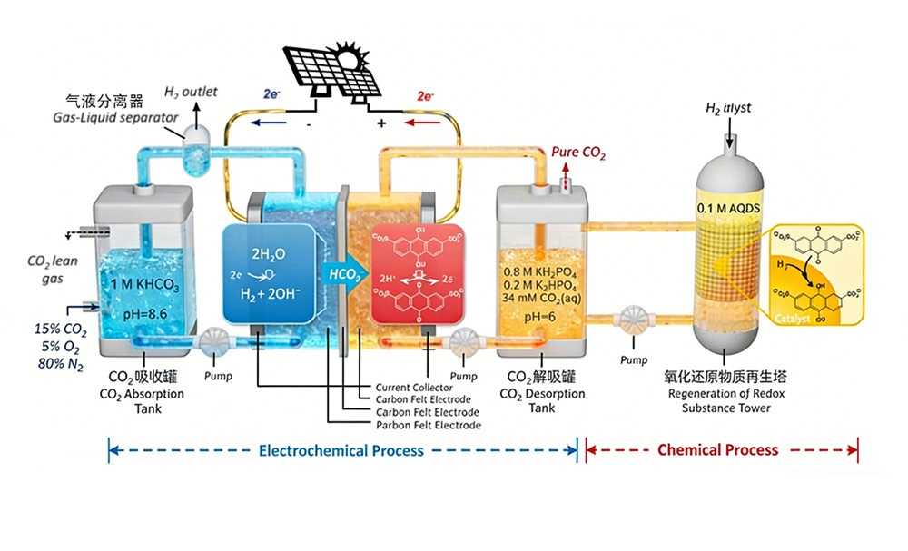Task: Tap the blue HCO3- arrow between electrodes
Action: (x=346, y=273)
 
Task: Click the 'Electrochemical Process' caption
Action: (x=340, y=450)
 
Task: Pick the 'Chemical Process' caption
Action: (x=717, y=450)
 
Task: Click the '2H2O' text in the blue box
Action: (x=269, y=242)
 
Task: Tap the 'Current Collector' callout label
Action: (x=414, y=388)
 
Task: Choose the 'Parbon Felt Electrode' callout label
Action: (x=429, y=425)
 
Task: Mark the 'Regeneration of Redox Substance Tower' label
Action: (x=726, y=400)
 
